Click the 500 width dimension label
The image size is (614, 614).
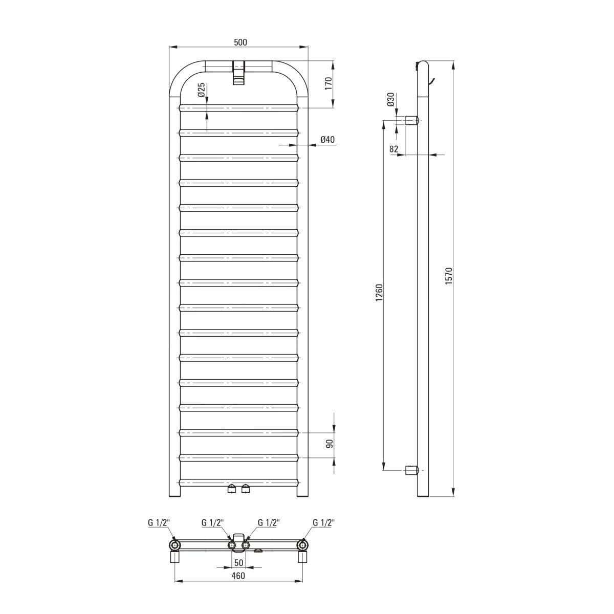(240, 42)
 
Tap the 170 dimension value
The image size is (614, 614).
(328, 83)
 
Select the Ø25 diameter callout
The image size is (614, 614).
(202, 90)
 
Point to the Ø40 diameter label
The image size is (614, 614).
(327, 140)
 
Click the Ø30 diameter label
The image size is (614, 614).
(390, 99)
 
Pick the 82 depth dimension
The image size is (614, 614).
(394, 149)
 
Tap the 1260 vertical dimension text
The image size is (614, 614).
(379, 293)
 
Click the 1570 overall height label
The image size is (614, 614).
(449, 276)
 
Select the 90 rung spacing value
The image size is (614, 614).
(330, 444)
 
